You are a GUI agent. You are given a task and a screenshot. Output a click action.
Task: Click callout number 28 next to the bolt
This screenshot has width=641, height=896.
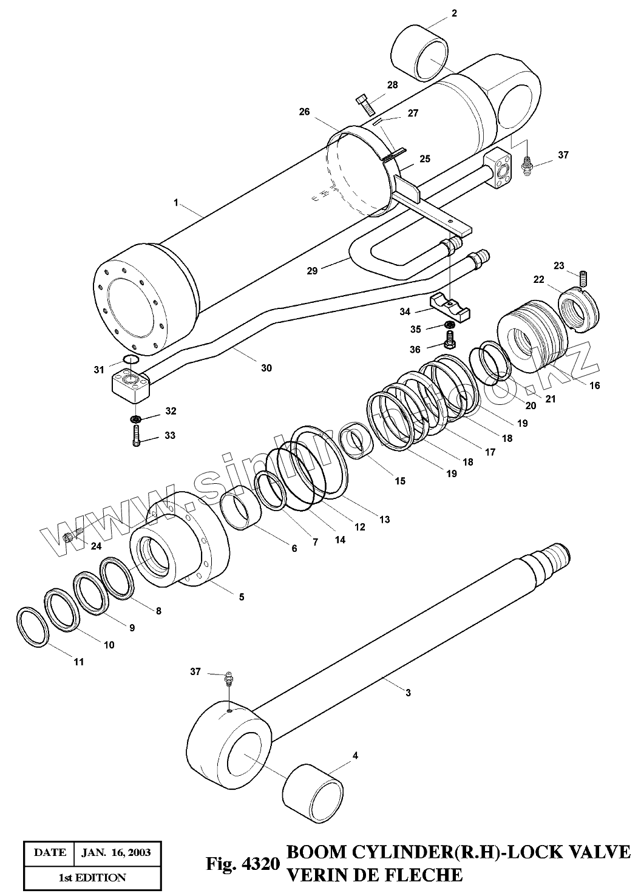392,85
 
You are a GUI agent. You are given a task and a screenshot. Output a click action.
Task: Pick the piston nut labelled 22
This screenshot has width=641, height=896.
578,308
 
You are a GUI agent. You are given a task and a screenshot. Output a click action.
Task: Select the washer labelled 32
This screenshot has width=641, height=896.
136,419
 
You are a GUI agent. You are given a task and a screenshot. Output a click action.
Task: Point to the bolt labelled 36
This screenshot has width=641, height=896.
450,340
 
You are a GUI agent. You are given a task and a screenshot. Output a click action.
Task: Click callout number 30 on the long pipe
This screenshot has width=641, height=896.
266,368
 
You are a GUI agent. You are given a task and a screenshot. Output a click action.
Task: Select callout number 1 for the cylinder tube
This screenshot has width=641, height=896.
176,203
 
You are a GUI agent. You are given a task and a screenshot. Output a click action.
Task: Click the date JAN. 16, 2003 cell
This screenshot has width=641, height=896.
116,852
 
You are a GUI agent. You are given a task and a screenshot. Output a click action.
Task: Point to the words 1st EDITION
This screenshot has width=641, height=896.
92,877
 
